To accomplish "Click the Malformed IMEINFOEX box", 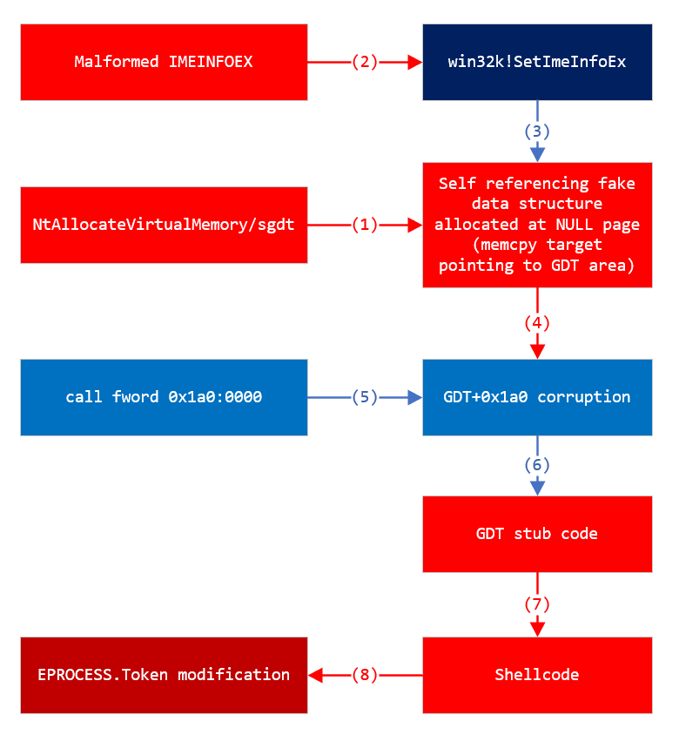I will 164,62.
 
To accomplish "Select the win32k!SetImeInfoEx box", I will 537,62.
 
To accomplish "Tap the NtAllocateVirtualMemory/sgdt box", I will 164,225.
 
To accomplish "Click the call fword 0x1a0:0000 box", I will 164,397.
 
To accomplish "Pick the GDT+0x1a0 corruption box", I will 537,397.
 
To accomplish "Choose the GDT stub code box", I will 537,534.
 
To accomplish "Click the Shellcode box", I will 537,675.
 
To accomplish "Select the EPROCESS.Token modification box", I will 164,675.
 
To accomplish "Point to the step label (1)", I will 365,225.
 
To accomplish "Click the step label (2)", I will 365,62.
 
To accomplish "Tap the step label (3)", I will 537,131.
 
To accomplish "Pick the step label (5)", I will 365,397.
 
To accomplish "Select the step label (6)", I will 537,465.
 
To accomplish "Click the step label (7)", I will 537,604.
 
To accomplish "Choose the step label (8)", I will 365,675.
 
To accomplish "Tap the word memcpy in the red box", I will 519,245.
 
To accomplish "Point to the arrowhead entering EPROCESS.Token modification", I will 315,675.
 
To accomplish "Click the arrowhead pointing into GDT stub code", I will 537,489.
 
